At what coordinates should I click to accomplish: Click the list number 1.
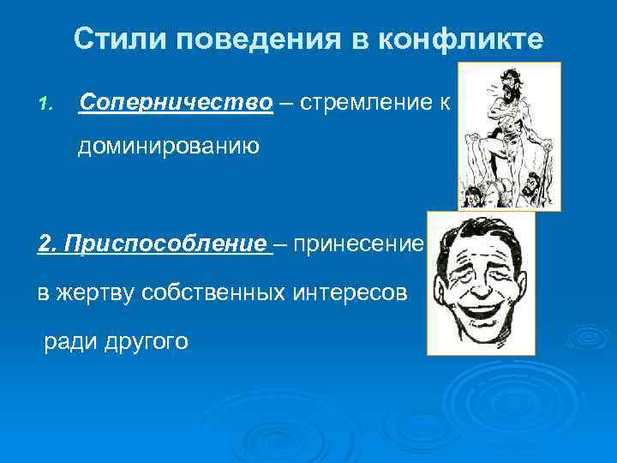(45, 105)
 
